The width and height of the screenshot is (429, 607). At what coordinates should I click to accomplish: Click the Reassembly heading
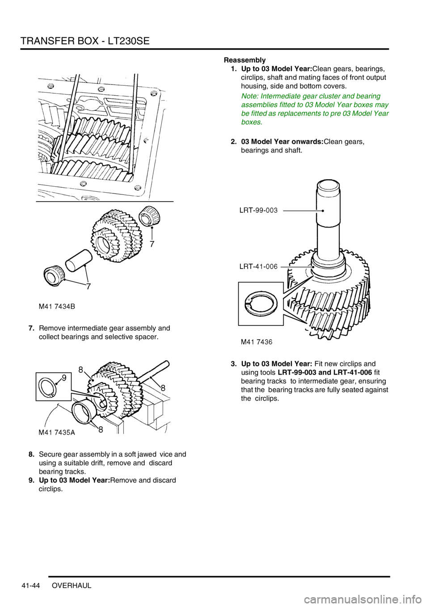[x=245, y=59]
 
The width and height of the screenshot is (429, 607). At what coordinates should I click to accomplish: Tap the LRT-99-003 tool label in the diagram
[x=259, y=210]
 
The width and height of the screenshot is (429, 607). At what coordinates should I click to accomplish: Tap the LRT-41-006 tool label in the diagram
[x=259, y=267]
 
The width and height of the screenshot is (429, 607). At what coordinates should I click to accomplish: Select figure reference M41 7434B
[x=57, y=306]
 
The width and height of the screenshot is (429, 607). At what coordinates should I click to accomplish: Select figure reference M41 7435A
[x=57, y=433]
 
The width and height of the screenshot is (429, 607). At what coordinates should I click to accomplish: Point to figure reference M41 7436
[x=257, y=342]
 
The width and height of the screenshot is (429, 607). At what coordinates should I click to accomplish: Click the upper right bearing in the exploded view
[x=150, y=217]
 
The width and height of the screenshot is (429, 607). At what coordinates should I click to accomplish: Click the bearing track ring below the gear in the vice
[x=84, y=412]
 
